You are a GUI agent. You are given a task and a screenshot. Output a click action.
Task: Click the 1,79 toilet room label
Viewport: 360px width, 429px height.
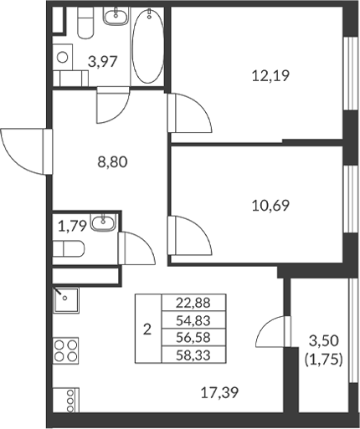(x=72, y=224)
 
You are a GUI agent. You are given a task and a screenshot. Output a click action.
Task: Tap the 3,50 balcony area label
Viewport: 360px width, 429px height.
(x=326, y=341)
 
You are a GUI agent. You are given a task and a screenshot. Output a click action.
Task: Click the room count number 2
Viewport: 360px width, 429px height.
(x=147, y=329)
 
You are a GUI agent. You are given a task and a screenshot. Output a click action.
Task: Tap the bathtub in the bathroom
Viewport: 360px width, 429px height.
(x=149, y=47)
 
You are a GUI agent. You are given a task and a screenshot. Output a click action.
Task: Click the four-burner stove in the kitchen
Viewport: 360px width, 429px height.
(x=67, y=349)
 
